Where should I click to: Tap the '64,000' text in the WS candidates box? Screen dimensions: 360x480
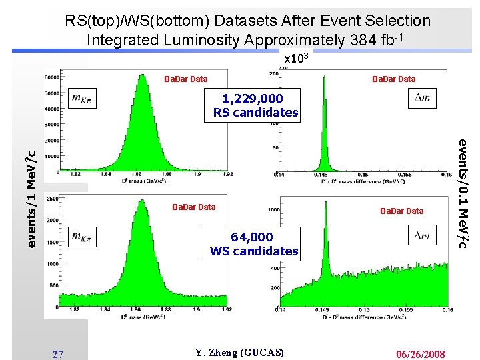(252, 237)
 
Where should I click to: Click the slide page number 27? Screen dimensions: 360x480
(58, 354)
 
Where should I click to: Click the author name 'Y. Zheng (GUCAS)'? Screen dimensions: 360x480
(240, 353)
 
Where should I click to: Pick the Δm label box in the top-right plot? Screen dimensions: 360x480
(422, 98)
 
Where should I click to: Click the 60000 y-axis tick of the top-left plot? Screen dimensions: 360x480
(51, 77)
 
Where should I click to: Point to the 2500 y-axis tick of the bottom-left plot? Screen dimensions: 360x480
(51, 198)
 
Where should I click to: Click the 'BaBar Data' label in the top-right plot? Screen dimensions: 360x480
(393, 79)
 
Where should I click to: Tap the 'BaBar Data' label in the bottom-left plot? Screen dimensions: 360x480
(193, 207)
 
